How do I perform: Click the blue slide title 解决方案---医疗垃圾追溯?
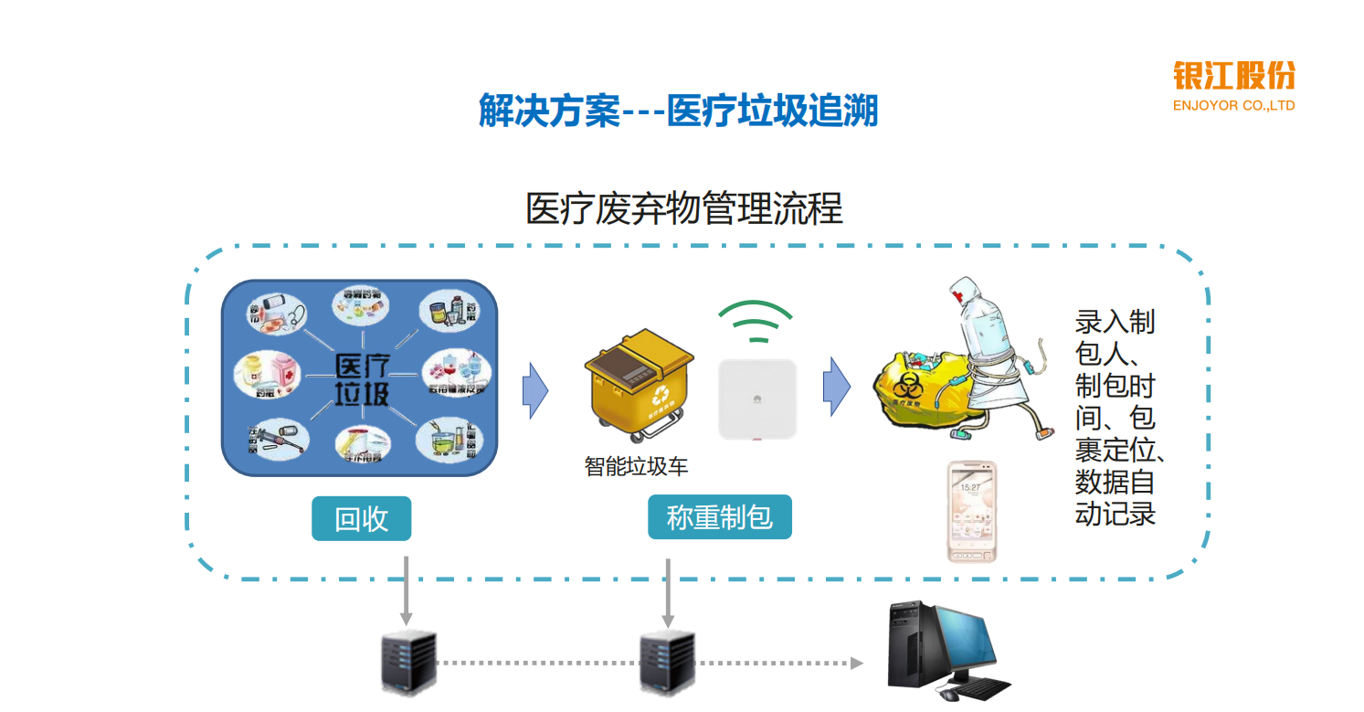(x=678, y=112)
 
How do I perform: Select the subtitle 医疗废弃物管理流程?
(x=683, y=209)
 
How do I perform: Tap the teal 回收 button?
(x=362, y=518)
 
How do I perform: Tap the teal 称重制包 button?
(x=720, y=518)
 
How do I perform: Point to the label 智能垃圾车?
(x=636, y=467)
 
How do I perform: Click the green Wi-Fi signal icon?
(x=756, y=322)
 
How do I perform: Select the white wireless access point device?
(x=756, y=399)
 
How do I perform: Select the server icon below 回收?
(x=407, y=663)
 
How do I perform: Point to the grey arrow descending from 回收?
(x=407, y=590)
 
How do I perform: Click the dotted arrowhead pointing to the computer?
(x=856, y=663)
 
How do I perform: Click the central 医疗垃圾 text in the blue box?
(x=362, y=379)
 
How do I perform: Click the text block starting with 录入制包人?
(x=1116, y=417)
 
